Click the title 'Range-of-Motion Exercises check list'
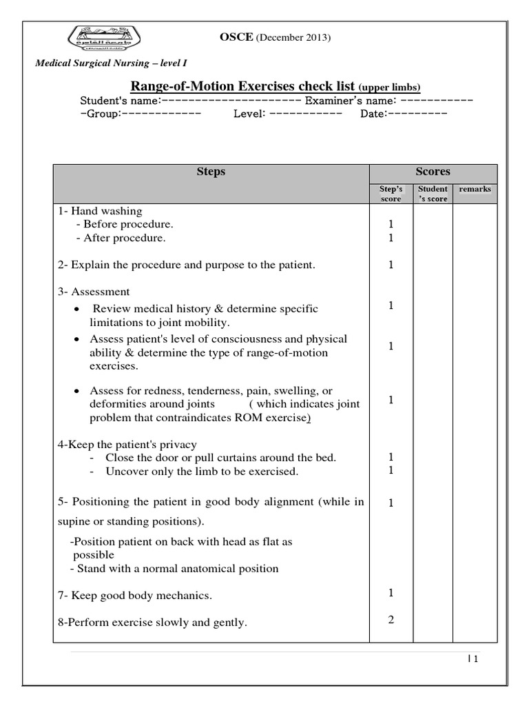tap(242, 87)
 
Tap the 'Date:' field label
tap(373, 114)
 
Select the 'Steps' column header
tap(211, 172)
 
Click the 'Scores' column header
tap(433, 172)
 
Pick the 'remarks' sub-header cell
tap(475, 188)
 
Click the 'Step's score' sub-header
tap(391, 193)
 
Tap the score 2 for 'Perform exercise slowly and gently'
tap(391, 619)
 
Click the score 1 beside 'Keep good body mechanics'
tap(391, 592)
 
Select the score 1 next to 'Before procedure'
tap(391, 224)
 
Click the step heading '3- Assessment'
tap(94, 292)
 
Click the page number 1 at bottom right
tap(475, 658)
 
